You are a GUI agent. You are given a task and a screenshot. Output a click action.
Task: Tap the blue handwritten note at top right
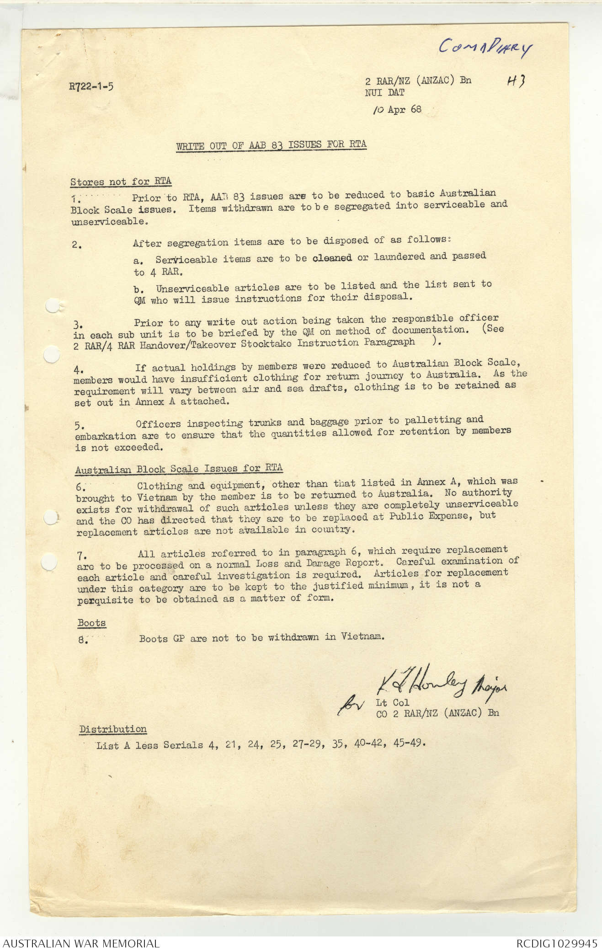485,47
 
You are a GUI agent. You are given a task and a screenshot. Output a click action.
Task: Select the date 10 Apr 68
397,110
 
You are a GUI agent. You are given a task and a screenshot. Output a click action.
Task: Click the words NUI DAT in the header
384,92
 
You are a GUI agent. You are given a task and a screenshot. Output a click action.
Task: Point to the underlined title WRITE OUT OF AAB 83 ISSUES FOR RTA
271,145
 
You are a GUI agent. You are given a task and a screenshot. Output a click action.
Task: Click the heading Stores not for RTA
121,182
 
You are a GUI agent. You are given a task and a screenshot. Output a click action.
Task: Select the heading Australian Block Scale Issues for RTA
179,469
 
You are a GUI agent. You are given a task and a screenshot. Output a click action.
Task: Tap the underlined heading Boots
91,623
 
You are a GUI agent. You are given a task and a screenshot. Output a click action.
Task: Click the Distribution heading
113,729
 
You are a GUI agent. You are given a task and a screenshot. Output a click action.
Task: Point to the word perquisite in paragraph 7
105,600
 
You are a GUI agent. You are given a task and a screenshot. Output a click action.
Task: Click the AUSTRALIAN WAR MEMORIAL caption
81,943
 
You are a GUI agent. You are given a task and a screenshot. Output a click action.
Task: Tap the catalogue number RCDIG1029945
556,943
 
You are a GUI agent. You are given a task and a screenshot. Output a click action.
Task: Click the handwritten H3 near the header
516,81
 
